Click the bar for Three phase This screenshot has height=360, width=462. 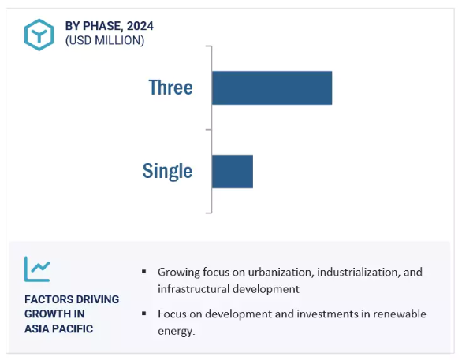(x=272, y=87)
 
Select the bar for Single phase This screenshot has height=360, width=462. (x=233, y=172)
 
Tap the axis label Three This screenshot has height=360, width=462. (x=170, y=87)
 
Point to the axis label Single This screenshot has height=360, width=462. (x=167, y=171)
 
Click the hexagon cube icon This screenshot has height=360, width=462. (x=39, y=35)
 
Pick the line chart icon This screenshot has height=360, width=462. (x=37, y=269)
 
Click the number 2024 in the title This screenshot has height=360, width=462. (x=140, y=26)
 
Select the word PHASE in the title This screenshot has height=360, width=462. (x=102, y=26)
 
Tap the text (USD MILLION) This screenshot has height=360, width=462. (x=105, y=40)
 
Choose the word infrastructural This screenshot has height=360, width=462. (x=193, y=289)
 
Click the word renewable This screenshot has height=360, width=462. (x=400, y=314)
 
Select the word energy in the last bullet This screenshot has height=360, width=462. (x=176, y=331)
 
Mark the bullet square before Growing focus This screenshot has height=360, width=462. (x=143, y=272)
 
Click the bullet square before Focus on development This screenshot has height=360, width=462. (x=143, y=314)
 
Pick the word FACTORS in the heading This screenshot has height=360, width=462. (x=45, y=299)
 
